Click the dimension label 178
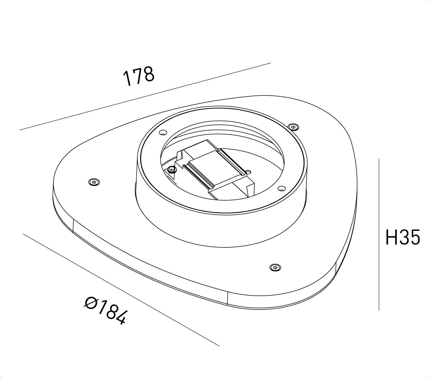click(x=139, y=76)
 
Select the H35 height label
click(x=403, y=237)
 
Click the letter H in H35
click(x=391, y=237)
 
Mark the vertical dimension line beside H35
click(x=379, y=235)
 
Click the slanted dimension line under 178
click(x=145, y=96)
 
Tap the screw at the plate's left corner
click(x=94, y=182)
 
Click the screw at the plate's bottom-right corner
click(x=275, y=267)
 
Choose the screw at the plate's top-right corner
click(x=293, y=127)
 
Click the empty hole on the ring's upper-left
click(x=163, y=132)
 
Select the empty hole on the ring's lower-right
click(x=282, y=188)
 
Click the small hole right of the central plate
click(x=248, y=172)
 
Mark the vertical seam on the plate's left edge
click(x=73, y=226)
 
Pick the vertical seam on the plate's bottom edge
click(x=227, y=298)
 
